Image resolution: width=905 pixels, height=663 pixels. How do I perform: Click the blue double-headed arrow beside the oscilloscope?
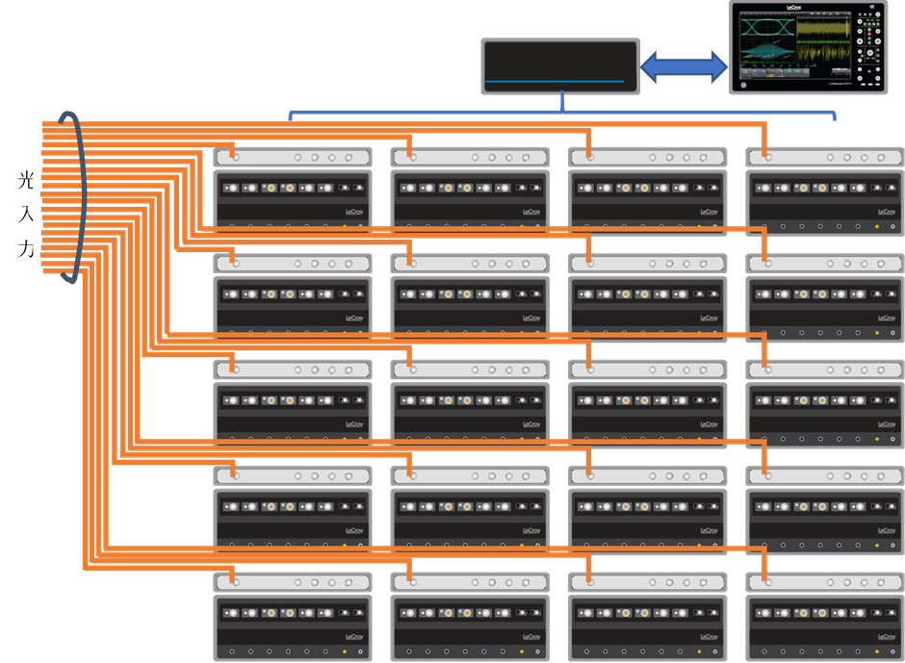[x=684, y=67]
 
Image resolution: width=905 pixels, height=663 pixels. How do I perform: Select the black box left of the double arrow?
[x=560, y=66]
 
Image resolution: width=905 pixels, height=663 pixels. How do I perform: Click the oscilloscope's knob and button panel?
[x=869, y=47]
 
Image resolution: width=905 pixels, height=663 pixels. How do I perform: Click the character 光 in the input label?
[x=26, y=180]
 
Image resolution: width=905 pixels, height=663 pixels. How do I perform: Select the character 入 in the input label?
[x=26, y=215]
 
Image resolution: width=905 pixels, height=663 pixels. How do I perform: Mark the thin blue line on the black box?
[x=560, y=81]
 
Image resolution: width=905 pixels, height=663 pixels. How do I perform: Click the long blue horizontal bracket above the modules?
[x=562, y=115]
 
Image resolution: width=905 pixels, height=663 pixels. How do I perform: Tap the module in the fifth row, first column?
[x=293, y=616]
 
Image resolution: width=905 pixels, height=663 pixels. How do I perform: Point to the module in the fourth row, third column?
[x=647, y=509]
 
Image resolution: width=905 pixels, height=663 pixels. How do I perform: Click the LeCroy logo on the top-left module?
[x=354, y=211]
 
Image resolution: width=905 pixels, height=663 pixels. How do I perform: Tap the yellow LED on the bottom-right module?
[x=876, y=651]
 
